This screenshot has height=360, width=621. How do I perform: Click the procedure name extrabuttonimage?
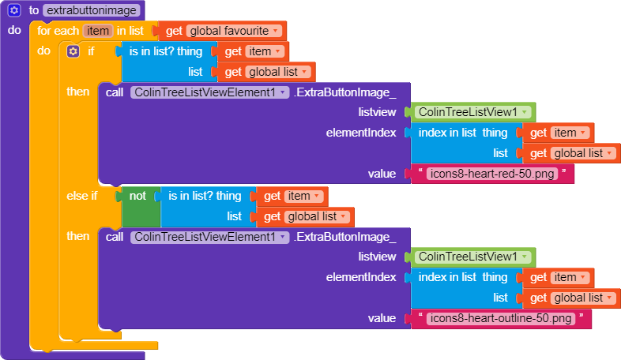(x=92, y=10)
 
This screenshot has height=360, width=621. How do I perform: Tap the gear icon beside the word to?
(x=13, y=10)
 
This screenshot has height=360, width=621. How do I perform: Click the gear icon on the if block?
(x=73, y=51)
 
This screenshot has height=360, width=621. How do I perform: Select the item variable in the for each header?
(x=98, y=31)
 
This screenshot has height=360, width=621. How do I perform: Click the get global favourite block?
(x=222, y=31)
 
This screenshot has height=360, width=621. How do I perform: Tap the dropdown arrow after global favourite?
(x=275, y=32)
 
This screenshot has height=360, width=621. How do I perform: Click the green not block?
(x=137, y=195)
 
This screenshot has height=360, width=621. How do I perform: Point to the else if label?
(x=82, y=196)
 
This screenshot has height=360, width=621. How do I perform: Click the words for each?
(x=57, y=31)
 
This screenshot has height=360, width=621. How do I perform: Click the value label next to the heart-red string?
(x=382, y=174)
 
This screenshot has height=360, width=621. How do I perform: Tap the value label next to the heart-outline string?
(x=382, y=318)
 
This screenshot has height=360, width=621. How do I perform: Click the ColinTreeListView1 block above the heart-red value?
(x=469, y=112)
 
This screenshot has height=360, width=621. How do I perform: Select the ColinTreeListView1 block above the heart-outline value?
(x=469, y=257)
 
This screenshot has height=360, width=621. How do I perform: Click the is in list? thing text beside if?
(x=165, y=51)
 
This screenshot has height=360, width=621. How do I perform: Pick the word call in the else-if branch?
(x=114, y=237)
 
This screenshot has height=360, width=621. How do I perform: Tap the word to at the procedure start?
(x=34, y=10)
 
